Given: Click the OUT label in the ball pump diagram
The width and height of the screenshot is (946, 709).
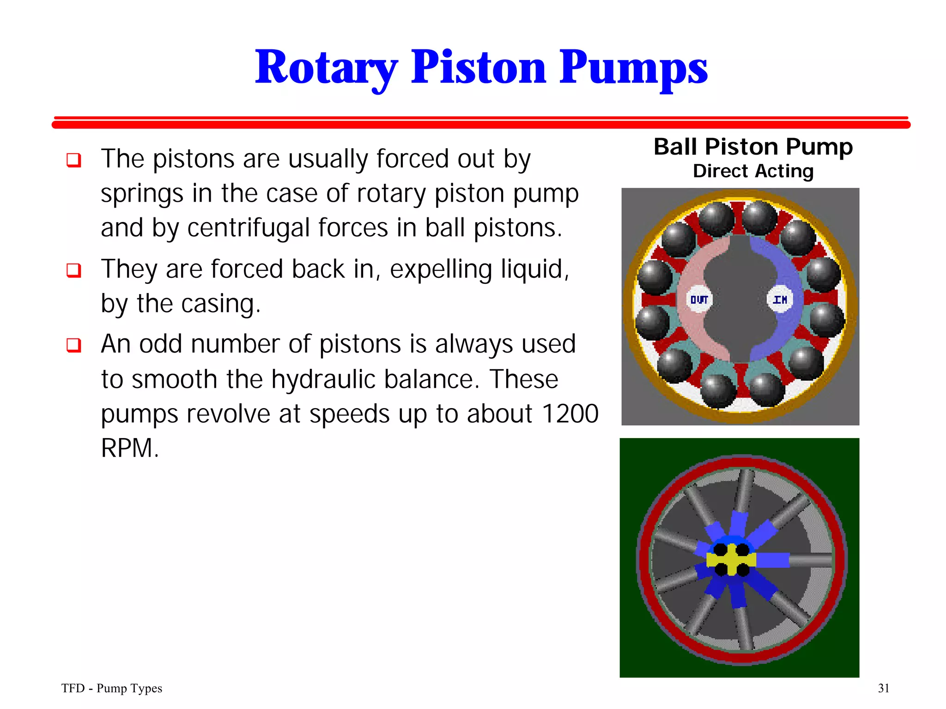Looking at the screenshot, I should [x=699, y=300].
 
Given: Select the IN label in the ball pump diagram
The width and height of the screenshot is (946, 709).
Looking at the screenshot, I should [x=780, y=300].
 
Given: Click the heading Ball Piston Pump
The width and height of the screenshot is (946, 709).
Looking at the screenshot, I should [x=753, y=147].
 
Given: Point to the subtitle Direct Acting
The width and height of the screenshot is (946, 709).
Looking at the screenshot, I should [x=753, y=171].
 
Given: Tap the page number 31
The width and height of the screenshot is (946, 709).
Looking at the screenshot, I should [x=883, y=688].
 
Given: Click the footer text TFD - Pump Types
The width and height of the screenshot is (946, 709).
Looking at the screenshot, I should [x=112, y=688].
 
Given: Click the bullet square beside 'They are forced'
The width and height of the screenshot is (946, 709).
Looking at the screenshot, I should [x=74, y=270].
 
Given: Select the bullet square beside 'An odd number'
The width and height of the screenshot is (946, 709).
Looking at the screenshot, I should [x=74, y=345].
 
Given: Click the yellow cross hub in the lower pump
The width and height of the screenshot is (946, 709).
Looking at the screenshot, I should [x=731, y=560].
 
